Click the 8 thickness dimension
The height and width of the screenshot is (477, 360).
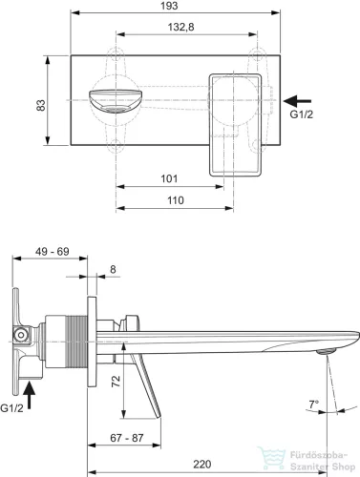pos(114,270)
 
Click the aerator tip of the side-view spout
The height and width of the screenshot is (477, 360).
pos(325,352)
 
